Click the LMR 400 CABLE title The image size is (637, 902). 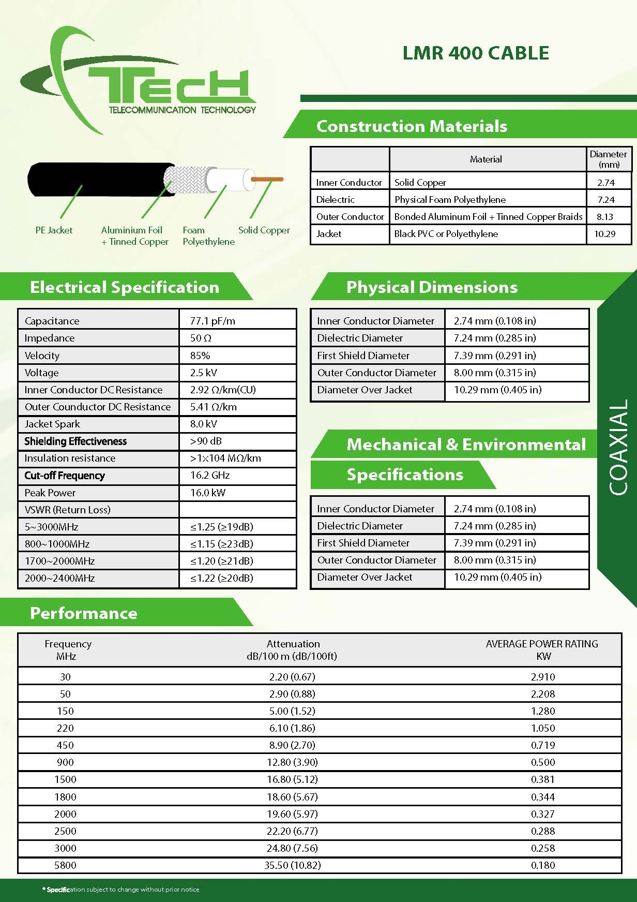click(476, 53)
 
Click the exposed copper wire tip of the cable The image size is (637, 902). click(267, 179)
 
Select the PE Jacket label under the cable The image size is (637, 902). click(54, 230)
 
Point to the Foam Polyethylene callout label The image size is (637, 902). click(208, 236)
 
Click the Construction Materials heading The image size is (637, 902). click(412, 126)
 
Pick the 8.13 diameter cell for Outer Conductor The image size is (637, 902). click(605, 217)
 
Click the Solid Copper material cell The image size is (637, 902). click(420, 183)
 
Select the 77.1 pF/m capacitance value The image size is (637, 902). click(213, 321)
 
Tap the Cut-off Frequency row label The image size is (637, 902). click(65, 476)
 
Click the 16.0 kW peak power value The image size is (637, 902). click(208, 493)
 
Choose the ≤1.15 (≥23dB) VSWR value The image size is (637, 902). click(222, 544)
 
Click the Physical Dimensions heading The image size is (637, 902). click(432, 287)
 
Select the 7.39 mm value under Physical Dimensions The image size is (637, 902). click(494, 356)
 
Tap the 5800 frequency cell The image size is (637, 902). click(65, 865)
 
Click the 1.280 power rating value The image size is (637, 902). click(543, 711)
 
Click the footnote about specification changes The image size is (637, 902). click(121, 890)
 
